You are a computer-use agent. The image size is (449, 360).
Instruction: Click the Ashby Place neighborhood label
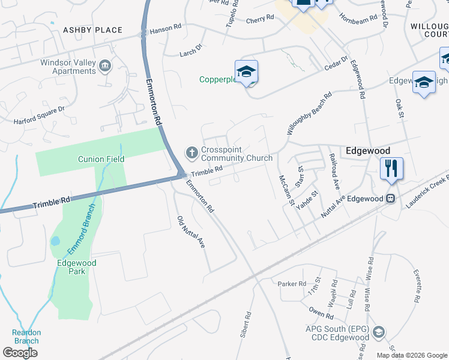[92, 30]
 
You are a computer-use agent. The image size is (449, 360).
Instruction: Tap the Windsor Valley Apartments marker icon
[106, 65]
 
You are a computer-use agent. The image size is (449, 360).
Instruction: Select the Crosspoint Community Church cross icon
[192, 152]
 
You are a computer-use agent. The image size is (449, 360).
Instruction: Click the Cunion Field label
[101, 159]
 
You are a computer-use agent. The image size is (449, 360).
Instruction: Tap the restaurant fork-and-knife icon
[391, 168]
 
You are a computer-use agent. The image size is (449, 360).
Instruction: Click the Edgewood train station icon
[391, 199]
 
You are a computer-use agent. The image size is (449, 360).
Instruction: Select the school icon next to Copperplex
[246, 71]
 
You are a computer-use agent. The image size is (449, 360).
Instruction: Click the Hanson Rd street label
[165, 29]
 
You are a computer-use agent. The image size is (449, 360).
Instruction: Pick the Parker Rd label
[292, 284]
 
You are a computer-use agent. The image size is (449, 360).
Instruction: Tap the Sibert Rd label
[246, 323]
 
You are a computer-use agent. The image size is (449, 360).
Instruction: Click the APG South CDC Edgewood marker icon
[378, 332]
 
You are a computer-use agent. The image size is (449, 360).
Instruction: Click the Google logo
[20, 352]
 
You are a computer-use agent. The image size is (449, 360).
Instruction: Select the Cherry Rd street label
[259, 20]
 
